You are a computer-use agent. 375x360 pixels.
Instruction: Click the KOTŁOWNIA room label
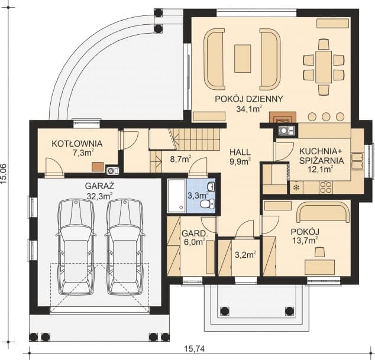click(x=77, y=144)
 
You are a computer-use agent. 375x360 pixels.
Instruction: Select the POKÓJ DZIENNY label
click(x=249, y=99)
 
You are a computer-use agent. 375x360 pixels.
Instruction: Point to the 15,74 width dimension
click(x=195, y=349)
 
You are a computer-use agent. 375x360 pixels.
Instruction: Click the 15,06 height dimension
click(x=4, y=174)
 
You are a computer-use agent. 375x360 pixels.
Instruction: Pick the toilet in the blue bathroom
click(x=208, y=204)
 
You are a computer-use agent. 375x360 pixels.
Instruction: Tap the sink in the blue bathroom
click(x=211, y=186)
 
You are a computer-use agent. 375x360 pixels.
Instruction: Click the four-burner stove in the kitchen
click(x=326, y=187)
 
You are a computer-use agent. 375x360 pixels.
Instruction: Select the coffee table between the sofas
click(x=243, y=59)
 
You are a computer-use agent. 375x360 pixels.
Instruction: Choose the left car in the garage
click(x=76, y=247)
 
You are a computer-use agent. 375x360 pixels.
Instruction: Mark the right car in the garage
click(x=125, y=247)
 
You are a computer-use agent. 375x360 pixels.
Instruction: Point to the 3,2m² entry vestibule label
click(x=245, y=255)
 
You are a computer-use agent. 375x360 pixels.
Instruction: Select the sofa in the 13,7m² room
click(x=323, y=212)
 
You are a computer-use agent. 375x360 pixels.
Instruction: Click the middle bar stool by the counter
click(x=325, y=116)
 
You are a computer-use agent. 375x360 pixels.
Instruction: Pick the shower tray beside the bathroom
click(x=176, y=196)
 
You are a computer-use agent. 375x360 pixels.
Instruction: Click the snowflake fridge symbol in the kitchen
click(x=296, y=188)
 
